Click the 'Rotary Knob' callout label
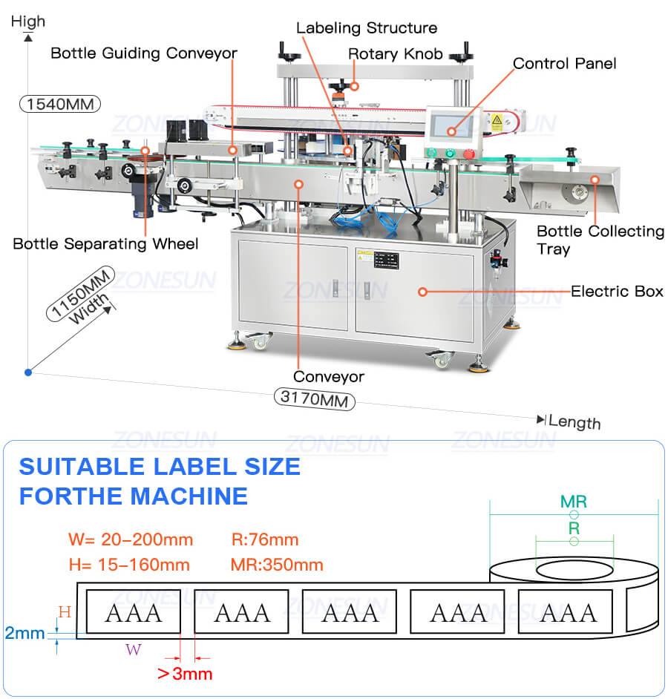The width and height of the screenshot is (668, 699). click(x=396, y=54)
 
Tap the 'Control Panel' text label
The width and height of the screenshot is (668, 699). click(x=564, y=64)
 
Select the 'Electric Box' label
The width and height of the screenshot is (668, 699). click(x=617, y=292)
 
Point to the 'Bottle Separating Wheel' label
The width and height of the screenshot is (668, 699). click(x=105, y=243)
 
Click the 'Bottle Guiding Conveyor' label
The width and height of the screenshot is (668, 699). click(x=144, y=53)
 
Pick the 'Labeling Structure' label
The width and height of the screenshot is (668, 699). click(x=367, y=28)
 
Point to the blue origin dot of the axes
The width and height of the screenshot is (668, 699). click(x=28, y=372)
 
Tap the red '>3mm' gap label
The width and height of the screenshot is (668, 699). click(x=185, y=674)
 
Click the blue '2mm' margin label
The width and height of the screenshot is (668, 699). click(x=24, y=634)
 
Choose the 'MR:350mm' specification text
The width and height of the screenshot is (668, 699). click(x=277, y=565)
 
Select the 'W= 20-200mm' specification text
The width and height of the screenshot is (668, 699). click(x=131, y=539)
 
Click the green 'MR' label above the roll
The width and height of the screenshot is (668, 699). click(x=573, y=502)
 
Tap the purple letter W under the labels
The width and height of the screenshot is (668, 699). click(x=133, y=650)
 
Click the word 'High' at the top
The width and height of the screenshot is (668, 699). click(x=28, y=22)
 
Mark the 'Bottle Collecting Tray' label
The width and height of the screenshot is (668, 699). click(x=600, y=240)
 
